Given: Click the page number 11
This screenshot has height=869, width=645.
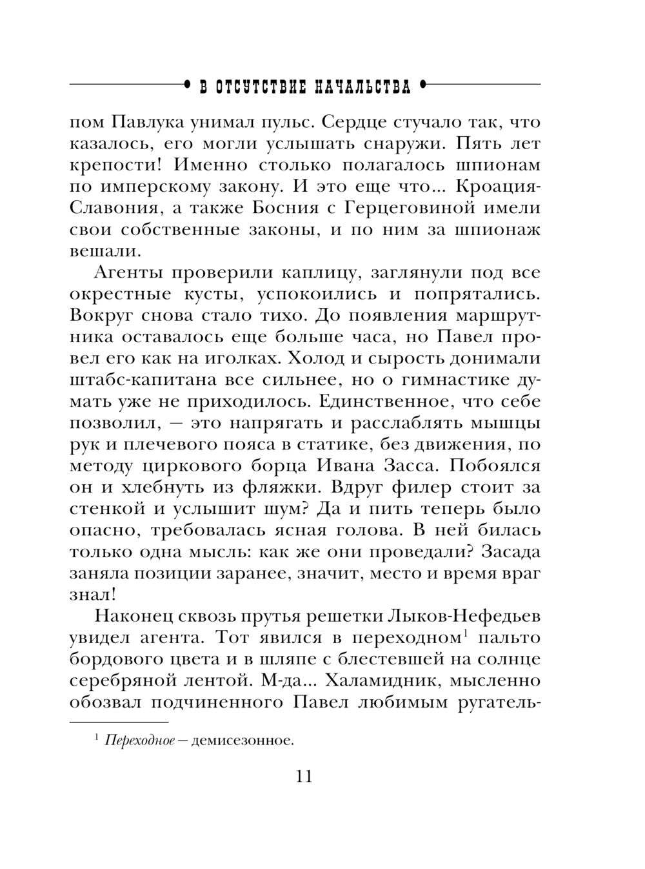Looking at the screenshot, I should pyautogui.click(x=303, y=775).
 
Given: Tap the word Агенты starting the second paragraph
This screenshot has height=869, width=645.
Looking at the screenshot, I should pyautogui.click(x=124, y=272).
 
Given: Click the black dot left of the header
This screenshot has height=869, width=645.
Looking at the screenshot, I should pyautogui.click(x=186, y=84).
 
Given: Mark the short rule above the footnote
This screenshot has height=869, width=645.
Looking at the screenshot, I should pyautogui.click(x=119, y=721).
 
